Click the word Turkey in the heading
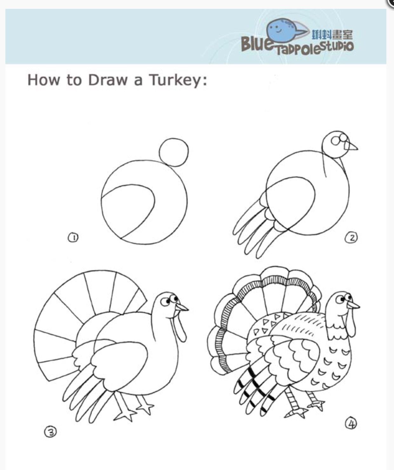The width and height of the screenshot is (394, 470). point(178,80)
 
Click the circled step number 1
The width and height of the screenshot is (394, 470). point(73,237)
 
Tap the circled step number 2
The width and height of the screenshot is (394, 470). point(351,238)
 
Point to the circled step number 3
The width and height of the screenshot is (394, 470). point(50,432)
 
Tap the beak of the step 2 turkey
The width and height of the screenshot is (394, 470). point(351,147)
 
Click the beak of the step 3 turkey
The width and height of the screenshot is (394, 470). point(182,307)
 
